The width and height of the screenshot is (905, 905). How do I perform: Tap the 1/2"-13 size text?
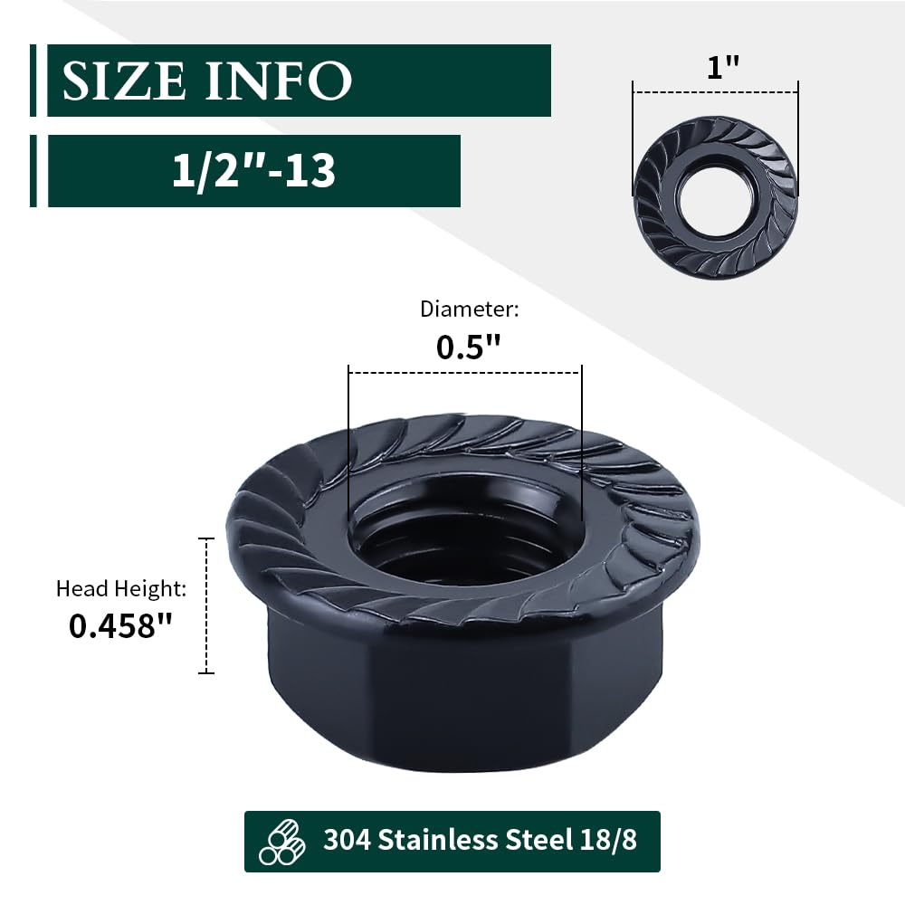(254, 170)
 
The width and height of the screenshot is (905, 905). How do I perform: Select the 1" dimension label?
(717, 69)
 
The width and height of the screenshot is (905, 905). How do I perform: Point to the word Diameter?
(470, 310)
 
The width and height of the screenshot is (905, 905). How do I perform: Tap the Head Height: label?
(121, 589)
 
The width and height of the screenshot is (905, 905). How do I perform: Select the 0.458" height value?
(120, 626)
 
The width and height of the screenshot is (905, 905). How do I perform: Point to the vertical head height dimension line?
(208, 605)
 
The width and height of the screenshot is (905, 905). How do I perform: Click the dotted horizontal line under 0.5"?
(464, 372)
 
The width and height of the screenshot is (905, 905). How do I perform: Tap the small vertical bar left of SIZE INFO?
(33, 81)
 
